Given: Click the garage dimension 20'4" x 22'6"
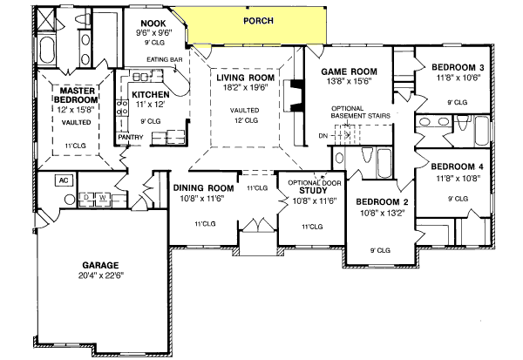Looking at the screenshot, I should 101,277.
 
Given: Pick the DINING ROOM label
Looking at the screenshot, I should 203,188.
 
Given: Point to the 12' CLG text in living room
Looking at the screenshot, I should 246,121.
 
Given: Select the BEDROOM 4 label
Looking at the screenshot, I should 458,166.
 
